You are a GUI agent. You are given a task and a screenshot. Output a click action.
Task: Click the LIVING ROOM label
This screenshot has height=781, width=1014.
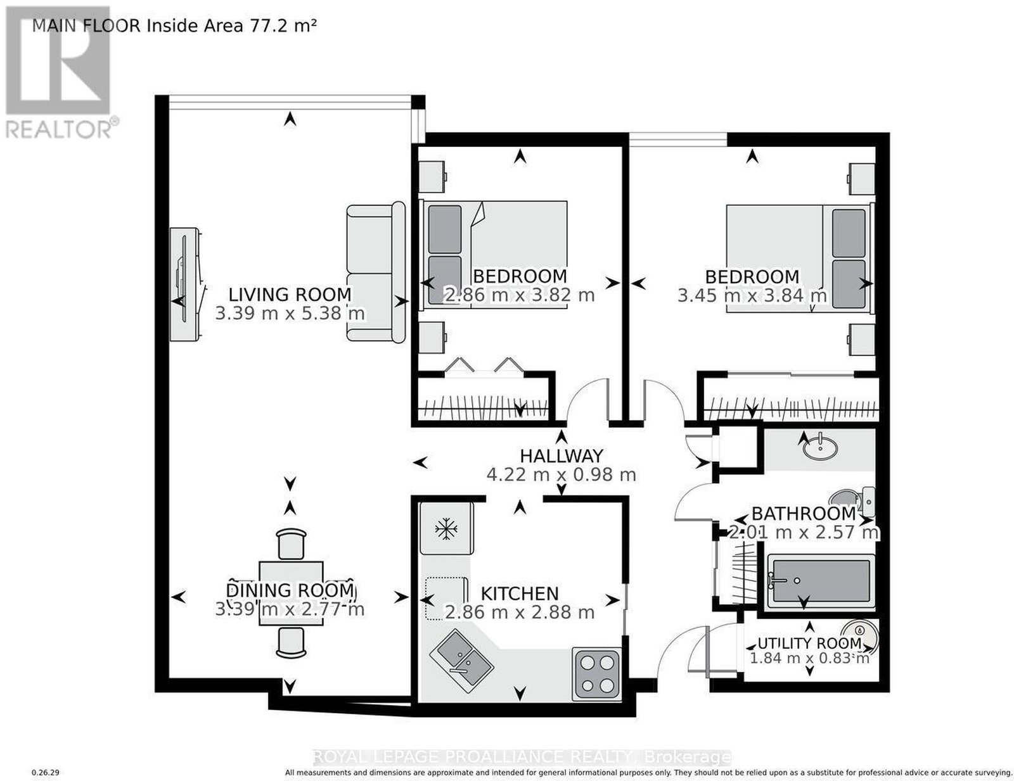[290, 294]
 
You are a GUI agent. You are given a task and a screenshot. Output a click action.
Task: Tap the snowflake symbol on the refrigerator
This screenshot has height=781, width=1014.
[446, 529]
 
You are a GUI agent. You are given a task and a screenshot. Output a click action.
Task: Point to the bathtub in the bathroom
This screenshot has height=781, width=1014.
[820, 581]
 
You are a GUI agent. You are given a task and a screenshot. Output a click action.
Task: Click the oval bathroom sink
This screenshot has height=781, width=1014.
[820, 449]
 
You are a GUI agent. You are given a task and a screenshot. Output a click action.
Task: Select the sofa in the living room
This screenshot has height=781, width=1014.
[376, 273]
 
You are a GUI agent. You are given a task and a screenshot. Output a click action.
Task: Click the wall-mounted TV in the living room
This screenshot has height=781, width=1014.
[185, 284]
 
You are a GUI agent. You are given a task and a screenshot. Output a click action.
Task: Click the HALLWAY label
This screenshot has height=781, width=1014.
[562, 455]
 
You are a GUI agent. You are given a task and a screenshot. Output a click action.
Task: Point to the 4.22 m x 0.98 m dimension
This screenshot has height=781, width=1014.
[562, 474]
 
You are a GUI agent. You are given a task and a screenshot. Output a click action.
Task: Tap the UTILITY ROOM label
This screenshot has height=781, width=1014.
[809, 643]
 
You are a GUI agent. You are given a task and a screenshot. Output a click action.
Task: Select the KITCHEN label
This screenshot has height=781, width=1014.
[520, 594]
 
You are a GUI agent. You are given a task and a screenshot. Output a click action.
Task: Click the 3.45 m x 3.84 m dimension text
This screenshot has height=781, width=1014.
[752, 295]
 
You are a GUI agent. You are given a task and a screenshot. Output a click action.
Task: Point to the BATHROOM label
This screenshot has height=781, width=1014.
[804, 514]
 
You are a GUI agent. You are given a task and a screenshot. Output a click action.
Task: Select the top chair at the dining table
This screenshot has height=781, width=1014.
[292, 543]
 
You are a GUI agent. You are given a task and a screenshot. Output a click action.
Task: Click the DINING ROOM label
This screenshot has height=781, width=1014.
[290, 590]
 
